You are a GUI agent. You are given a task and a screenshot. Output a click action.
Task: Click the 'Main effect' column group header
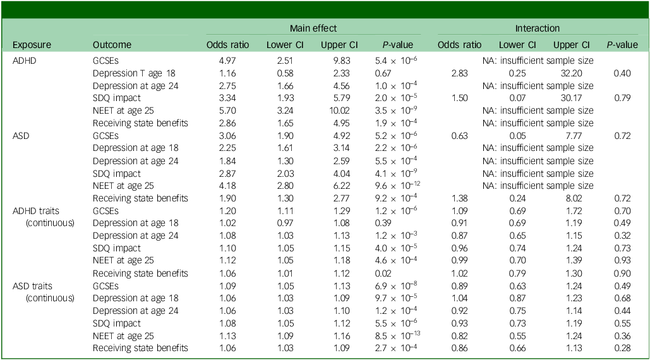313,28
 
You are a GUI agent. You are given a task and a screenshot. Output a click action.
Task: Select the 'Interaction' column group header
537,28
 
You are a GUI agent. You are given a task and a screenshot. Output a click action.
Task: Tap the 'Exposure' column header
32,45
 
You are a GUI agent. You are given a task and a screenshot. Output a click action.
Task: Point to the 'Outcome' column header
112,45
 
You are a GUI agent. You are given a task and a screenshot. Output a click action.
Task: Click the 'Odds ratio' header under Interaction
459,45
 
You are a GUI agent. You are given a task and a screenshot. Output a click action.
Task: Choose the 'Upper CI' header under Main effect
339,45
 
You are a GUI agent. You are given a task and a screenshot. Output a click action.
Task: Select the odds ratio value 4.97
227,61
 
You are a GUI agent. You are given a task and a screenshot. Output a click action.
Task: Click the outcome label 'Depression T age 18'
134,73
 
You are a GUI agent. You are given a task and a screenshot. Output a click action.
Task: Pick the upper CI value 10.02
339,111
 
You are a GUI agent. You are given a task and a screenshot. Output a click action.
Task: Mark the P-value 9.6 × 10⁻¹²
397,185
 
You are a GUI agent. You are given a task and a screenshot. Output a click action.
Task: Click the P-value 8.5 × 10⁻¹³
397,335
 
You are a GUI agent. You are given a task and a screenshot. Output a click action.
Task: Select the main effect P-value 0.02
383,273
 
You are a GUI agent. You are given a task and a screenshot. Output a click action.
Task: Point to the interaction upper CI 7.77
574,136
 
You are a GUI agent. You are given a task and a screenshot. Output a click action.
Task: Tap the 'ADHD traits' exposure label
35,211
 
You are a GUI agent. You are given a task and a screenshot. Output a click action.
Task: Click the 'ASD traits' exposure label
32,286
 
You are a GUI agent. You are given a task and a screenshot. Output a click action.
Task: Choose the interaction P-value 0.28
622,348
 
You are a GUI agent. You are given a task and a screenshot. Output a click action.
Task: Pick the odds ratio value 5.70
227,111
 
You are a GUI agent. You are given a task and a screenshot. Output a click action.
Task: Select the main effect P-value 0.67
383,73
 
